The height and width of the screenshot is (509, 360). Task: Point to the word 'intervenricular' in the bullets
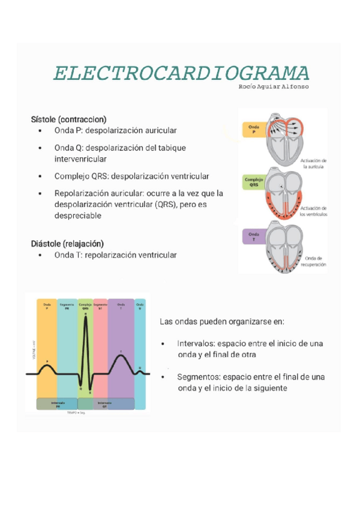click(x=80, y=159)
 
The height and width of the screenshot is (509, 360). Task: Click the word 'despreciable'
click(x=78, y=216)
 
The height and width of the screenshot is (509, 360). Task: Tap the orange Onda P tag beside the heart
click(x=253, y=129)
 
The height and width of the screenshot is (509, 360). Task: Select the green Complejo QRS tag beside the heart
click(x=254, y=182)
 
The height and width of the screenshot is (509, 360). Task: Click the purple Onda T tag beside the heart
click(x=254, y=236)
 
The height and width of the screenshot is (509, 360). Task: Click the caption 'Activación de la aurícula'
click(x=315, y=164)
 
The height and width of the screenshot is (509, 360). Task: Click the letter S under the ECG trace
click(x=90, y=392)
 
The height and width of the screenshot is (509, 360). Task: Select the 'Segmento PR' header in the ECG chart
click(x=67, y=306)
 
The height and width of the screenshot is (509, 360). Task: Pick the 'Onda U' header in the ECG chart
click(x=140, y=306)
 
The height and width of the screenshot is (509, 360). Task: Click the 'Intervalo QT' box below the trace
click(x=104, y=403)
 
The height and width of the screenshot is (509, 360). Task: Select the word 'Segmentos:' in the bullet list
click(x=198, y=378)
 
